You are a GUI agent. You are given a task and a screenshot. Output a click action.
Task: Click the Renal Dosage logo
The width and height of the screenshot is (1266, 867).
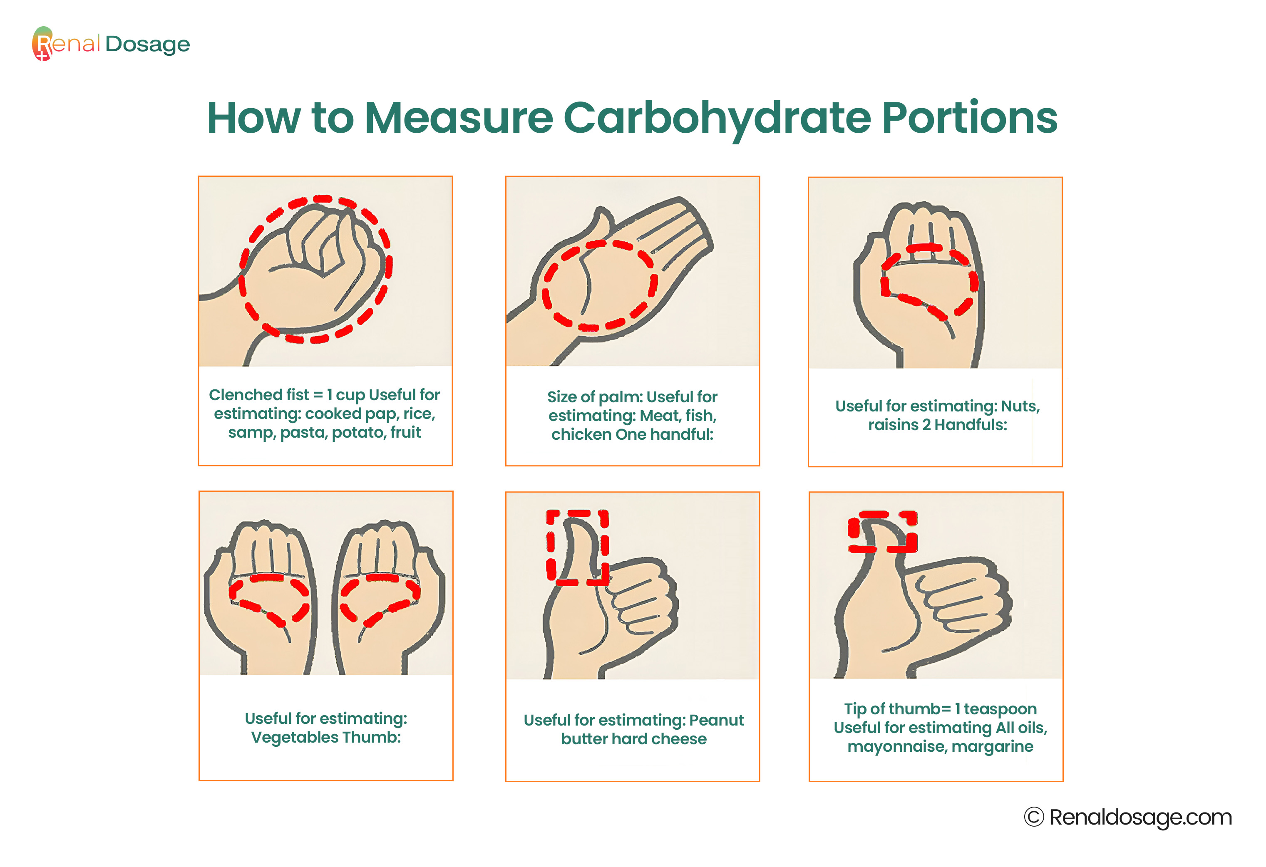click(x=111, y=44)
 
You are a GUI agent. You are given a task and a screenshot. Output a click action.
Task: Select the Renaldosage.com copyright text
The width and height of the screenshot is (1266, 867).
click(x=1128, y=817)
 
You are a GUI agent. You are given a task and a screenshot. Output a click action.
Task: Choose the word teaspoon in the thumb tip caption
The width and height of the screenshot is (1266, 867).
click(x=1000, y=709)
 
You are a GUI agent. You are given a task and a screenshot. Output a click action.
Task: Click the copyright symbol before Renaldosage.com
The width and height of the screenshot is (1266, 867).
click(x=1034, y=817)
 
